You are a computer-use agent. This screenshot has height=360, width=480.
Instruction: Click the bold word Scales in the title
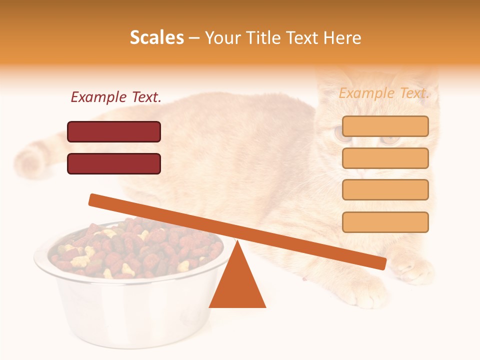(x=156, y=37)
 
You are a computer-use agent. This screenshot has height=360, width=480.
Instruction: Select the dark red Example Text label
(x=116, y=97)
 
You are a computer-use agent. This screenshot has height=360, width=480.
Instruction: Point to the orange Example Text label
(x=384, y=93)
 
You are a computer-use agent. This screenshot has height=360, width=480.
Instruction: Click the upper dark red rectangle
(x=114, y=131)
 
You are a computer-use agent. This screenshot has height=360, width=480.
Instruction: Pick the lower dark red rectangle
(x=114, y=163)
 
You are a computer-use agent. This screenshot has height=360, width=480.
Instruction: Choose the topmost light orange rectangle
(x=385, y=126)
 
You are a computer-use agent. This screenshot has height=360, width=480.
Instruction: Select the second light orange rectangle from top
(x=385, y=158)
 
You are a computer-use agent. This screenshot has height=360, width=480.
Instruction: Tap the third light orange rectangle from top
(x=385, y=190)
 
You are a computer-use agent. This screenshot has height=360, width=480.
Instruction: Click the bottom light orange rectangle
(x=385, y=222)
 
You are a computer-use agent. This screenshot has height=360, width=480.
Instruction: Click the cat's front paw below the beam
(x=367, y=295)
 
